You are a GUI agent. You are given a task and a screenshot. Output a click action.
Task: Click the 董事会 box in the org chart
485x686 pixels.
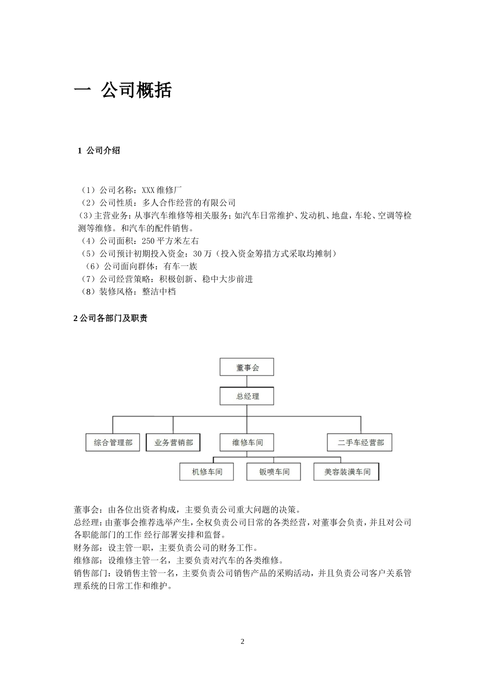247,367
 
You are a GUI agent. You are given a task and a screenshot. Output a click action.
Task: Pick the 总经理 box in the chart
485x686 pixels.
247,396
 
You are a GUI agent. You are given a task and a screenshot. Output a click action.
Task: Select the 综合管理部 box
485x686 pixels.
113,443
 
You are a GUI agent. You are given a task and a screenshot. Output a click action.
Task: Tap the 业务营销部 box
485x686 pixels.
173,443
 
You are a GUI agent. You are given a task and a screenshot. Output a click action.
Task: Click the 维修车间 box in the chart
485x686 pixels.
247,443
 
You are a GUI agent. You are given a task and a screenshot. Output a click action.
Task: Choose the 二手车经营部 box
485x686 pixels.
360,443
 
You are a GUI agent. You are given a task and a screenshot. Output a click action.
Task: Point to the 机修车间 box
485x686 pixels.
207,472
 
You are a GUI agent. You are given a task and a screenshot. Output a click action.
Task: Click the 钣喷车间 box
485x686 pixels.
274,472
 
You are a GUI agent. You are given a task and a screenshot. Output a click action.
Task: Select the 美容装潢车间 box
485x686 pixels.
347,472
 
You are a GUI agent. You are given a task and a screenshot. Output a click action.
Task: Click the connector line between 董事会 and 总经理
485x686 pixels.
247,381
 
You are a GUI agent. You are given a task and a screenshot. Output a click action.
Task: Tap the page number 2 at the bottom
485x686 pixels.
243,642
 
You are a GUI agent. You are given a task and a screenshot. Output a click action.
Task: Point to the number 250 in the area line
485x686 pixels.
148,241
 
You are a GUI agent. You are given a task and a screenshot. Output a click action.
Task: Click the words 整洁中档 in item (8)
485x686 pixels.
159,291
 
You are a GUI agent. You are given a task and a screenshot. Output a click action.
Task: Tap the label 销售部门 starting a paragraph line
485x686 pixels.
90,573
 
